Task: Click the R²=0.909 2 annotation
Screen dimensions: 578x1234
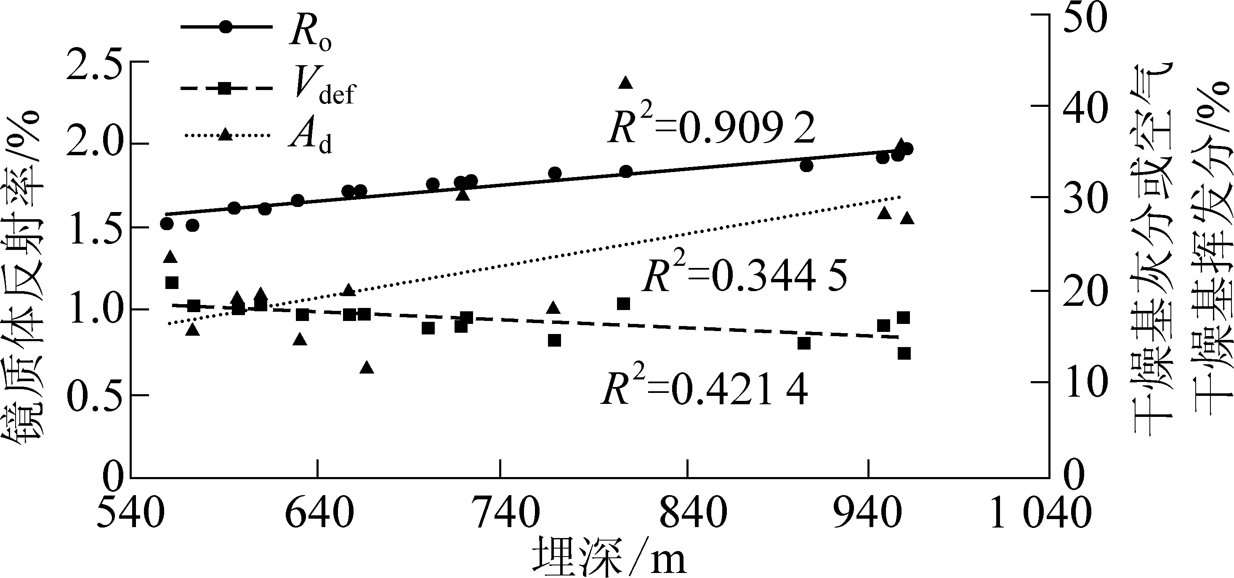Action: pyautogui.click(x=712, y=128)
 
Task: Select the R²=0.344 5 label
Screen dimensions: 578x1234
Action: pyautogui.click(x=745, y=277)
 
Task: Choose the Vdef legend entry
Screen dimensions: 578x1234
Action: pyautogui.click(x=268, y=89)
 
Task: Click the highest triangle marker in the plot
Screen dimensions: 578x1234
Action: pyautogui.click(x=625, y=83)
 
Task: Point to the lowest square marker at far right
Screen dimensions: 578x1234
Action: pyautogui.click(x=904, y=353)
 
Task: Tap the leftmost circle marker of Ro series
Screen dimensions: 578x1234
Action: pyautogui.click(x=167, y=224)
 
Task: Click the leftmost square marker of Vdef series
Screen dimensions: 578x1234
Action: pyautogui.click(x=171, y=283)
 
